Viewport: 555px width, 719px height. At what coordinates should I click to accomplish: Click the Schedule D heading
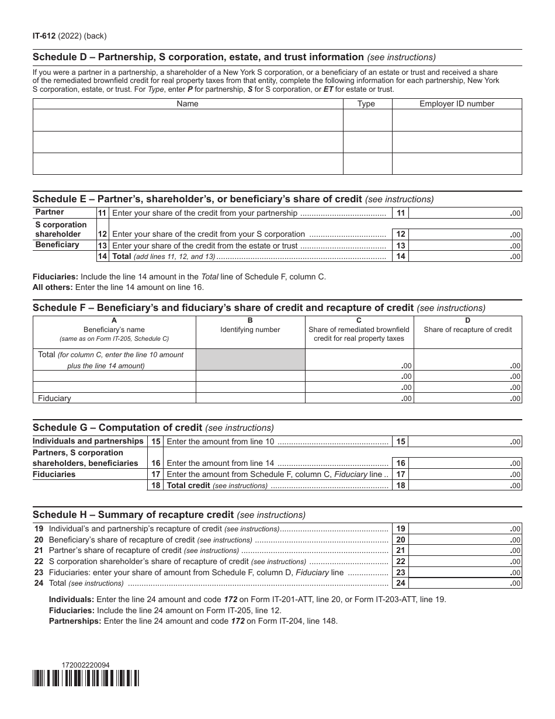198,57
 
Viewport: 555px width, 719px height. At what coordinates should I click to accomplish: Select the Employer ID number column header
456,104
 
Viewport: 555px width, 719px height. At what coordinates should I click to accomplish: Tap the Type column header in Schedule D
366,104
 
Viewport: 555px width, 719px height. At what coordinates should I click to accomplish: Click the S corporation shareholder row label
61,229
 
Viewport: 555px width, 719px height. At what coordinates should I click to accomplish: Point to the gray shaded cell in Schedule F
250,359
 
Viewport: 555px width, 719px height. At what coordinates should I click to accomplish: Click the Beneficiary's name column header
114,330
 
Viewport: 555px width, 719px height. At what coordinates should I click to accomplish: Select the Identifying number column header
250,330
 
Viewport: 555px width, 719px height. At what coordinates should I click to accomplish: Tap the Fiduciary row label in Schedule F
54,398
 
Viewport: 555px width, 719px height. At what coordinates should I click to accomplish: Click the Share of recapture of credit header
467,330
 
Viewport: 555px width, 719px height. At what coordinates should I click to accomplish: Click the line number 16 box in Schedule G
156,463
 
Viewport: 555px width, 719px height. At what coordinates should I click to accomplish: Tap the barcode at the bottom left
86,677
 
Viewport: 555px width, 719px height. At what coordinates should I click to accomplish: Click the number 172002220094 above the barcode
85,665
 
